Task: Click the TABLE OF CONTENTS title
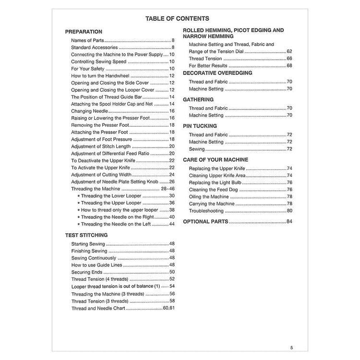point(177,19)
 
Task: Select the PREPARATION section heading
point(84,32)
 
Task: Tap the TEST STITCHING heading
point(86,235)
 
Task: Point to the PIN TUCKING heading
point(200,126)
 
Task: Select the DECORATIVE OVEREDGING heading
point(218,73)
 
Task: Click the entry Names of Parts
point(87,41)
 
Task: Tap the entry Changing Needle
point(89,111)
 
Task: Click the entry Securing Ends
point(86,272)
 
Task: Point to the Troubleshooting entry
point(206,211)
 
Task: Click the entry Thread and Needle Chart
point(98,308)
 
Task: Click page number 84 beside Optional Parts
point(289,221)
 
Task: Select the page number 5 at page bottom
point(291,348)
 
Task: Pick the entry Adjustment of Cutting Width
point(101,175)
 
